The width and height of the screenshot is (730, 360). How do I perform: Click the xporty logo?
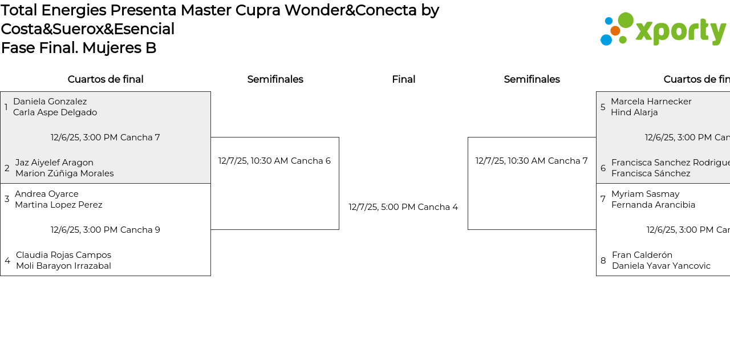point(663,29)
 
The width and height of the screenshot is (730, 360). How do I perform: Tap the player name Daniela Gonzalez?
point(50,102)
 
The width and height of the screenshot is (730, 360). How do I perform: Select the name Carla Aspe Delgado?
point(55,112)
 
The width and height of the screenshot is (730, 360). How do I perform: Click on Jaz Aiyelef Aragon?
point(54,163)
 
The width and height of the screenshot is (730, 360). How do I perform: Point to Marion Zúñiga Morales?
point(64,173)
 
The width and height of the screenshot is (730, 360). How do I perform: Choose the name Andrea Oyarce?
point(47,194)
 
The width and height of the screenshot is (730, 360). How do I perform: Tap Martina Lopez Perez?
point(59,205)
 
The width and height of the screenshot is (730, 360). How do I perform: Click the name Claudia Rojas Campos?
point(63,255)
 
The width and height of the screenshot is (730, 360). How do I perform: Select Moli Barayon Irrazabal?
point(63,266)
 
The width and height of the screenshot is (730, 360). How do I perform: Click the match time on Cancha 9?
point(106,230)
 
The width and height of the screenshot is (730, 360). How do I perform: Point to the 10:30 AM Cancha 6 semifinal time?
point(274,161)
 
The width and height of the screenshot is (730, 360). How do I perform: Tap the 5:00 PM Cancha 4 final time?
point(403,207)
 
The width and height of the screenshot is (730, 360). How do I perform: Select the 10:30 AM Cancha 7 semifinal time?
point(532,161)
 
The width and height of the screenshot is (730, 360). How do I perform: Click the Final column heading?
point(403,79)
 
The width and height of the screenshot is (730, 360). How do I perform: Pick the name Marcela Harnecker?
point(651,102)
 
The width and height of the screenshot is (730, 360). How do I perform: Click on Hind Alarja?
point(634,112)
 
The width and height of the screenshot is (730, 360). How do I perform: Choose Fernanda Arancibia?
point(654,205)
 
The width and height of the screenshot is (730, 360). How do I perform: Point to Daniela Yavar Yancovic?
point(661,266)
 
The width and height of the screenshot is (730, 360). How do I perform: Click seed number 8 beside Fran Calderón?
point(603,261)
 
